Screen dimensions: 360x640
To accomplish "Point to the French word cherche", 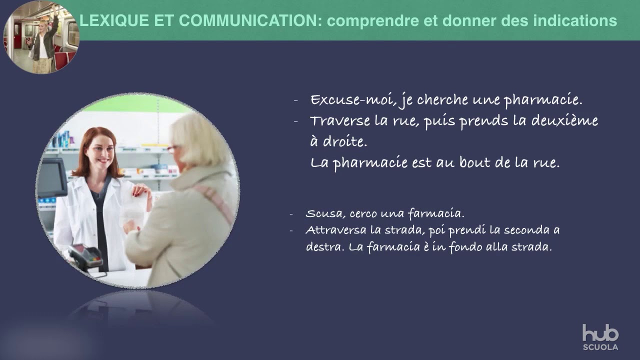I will click(x=442, y=100).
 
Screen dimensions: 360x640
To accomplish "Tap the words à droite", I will click(x=338, y=141).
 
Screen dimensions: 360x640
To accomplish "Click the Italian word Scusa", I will click(x=323, y=213).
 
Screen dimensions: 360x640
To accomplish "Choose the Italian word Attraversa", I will click(x=334, y=230).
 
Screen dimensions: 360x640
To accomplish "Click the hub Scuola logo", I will click(x=600, y=337).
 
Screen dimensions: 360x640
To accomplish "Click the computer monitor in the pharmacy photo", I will click(x=51, y=178).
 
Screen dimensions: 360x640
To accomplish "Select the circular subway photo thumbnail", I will click(x=41, y=37).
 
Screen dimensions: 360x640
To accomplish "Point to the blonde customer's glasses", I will click(x=173, y=148).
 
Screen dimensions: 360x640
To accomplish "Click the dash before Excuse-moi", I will click(x=296, y=100).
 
